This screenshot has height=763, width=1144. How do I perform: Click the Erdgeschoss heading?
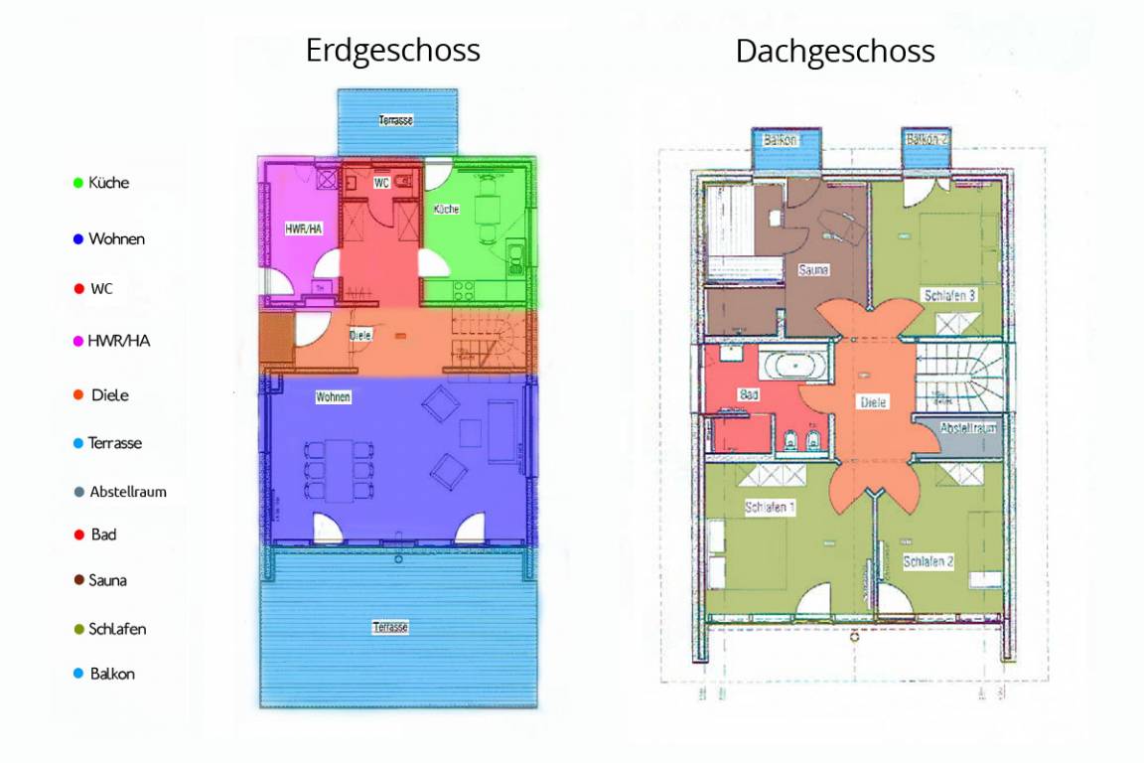coord(392,51)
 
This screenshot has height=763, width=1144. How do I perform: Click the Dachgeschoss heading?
coord(834,51)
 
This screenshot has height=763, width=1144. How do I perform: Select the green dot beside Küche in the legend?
coord(78,183)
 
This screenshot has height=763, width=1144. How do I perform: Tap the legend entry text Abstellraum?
coord(128,492)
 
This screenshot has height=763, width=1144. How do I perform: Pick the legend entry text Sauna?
coord(108,580)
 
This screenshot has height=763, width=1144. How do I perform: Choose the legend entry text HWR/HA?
coord(119,341)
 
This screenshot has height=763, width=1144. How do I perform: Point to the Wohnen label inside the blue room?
coord(333,397)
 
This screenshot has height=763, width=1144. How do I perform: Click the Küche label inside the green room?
coord(446,209)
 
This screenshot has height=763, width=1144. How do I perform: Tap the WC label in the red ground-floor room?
coord(381,183)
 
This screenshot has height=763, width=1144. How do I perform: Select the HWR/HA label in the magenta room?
coord(304,229)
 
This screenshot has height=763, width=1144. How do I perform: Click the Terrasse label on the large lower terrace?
coord(390,627)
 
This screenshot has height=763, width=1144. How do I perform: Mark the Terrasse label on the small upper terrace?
coord(395,120)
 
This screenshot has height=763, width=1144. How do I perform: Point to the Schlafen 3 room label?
coord(949,296)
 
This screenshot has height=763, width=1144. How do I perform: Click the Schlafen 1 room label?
coord(770,507)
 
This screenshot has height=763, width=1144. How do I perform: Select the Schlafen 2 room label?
coord(929,561)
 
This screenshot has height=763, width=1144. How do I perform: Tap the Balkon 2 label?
coord(927,139)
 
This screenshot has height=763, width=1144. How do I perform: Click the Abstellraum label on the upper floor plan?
coord(967,428)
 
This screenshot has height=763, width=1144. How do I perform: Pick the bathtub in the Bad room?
coord(794,365)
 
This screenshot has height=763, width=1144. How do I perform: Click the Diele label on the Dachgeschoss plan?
coord(873,402)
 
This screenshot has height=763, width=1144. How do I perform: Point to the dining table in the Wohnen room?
coord(339,470)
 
